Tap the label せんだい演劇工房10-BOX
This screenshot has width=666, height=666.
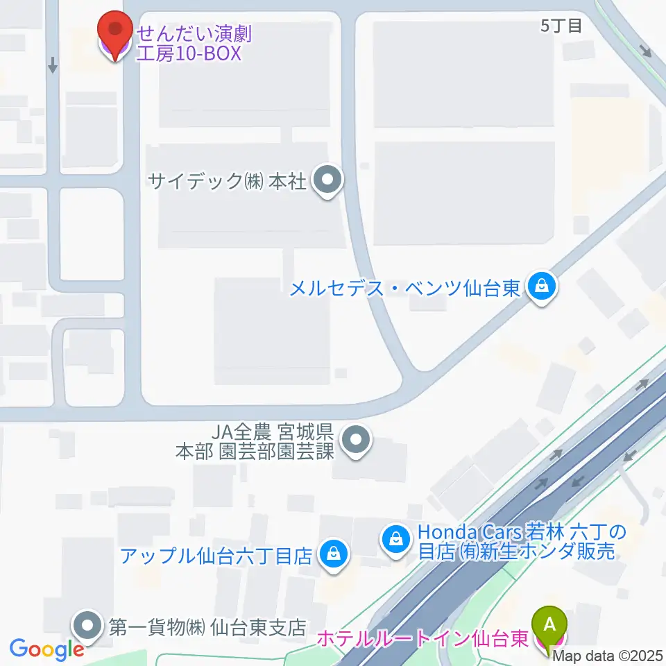click(x=189, y=42)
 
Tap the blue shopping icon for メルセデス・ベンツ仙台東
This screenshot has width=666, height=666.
click(x=541, y=286)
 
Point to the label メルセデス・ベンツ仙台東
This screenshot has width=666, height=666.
click(x=404, y=287)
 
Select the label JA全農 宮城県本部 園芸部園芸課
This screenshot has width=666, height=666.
click(x=255, y=442)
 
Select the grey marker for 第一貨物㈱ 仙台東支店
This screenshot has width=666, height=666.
click(x=88, y=626)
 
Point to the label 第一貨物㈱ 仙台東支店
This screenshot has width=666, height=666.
click(x=207, y=627)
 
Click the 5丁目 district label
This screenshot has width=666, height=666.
click(x=561, y=26)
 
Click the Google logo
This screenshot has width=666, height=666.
click(x=47, y=649)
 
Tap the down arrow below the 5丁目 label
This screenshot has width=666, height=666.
click(x=647, y=51)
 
